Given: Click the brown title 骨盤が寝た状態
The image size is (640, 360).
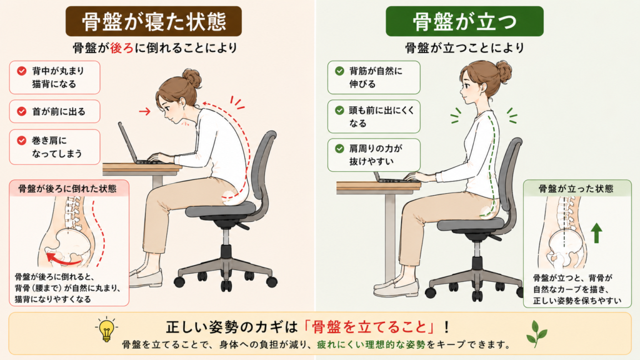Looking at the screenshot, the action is coord(154,21).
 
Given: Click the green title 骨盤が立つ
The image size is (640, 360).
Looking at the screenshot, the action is coord(464,21).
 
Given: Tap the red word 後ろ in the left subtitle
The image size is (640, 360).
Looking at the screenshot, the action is coord(122,47).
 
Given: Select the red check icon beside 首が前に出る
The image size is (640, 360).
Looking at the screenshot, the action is coord(22,111).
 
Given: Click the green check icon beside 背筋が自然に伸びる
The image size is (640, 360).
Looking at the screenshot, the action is coord(339,71).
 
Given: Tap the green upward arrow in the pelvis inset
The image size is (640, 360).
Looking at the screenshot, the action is coord(597,232).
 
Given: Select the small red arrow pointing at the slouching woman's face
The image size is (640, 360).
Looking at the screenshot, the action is coord(144,111).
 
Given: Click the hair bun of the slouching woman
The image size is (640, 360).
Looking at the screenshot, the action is coord(192,77).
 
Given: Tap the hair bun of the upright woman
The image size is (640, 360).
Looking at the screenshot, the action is coord(503,71).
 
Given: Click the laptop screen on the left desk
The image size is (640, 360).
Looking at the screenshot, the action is coord(128,142).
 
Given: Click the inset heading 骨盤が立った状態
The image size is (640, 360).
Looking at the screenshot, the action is coord(576,189).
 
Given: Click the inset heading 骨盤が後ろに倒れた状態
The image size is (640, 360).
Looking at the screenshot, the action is coord(67,189).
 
